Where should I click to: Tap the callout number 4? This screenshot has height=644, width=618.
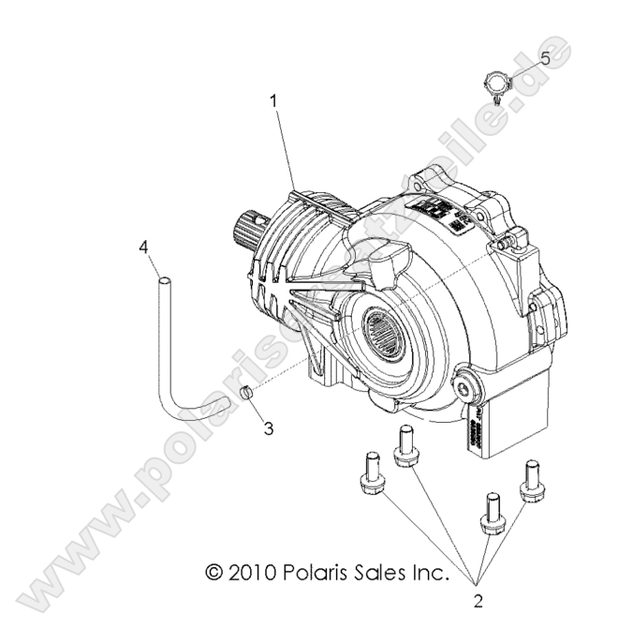click(x=144, y=249)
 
